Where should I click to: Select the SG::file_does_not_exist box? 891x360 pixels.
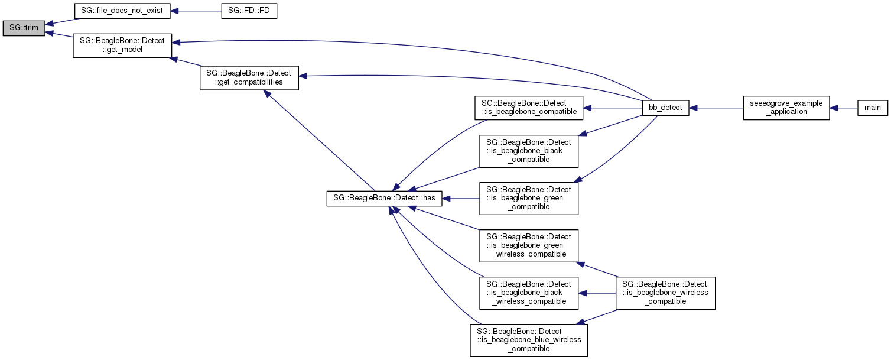(x=122, y=11)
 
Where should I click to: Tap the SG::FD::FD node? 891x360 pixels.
(x=249, y=11)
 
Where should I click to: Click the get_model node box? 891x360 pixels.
(x=122, y=46)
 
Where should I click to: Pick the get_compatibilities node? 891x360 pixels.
(x=249, y=78)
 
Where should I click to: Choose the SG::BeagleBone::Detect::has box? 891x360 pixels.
(x=384, y=199)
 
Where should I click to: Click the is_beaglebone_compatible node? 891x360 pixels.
(x=529, y=108)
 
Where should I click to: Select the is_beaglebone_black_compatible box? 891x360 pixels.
(x=529, y=151)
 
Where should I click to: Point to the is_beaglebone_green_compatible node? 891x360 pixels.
(x=529, y=198)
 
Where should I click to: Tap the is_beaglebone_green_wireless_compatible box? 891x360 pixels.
(x=529, y=245)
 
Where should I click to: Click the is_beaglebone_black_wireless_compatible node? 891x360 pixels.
(x=529, y=293)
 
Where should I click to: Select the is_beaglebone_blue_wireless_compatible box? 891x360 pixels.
(x=529, y=340)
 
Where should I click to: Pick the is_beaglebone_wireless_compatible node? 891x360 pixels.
(x=665, y=293)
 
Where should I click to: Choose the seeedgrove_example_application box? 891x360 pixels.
(x=786, y=108)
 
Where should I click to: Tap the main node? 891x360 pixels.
(x=872, y=108)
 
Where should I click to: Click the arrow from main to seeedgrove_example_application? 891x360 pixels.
(x=844, y=108)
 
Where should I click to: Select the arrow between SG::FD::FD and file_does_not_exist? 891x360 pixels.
(x=195, y=11)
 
